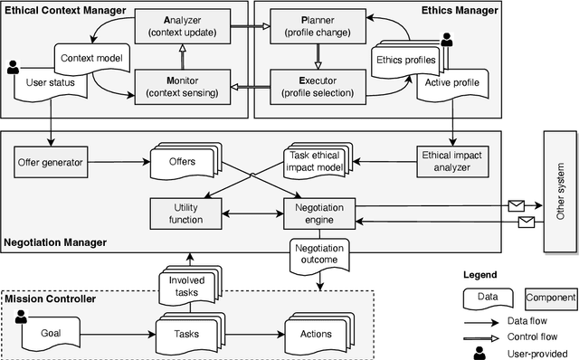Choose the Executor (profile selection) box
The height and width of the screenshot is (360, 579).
click(x=318, y=86)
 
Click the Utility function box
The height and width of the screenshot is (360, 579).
click(x=181, y=213)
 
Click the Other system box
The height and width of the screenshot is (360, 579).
click(x=559, y=191)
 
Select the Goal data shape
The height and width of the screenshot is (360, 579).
click(x=50, y=333)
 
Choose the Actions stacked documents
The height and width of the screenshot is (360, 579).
click(x=315, y=333)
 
